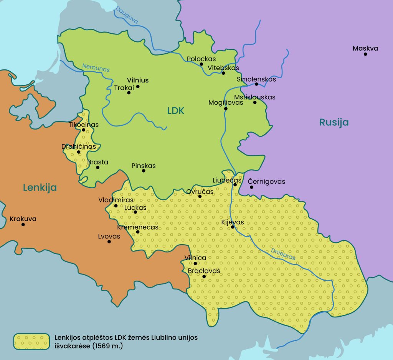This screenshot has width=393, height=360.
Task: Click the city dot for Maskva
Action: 365,54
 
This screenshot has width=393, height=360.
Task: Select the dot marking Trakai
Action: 129,92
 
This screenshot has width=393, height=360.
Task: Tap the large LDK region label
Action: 176,111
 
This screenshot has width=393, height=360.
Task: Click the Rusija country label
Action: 334,122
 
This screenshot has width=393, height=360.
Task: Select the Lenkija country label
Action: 40,187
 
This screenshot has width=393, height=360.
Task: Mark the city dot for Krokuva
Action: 23,224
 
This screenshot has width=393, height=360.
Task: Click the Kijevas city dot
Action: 233,227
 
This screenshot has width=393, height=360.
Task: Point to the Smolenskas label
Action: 256,79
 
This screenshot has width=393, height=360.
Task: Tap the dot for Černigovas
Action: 251,187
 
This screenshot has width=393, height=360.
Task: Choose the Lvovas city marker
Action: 109,242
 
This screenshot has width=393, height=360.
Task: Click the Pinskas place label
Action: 144,166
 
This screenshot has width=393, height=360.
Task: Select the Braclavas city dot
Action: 204,276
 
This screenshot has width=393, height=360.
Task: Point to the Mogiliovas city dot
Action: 226,108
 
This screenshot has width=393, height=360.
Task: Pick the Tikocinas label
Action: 84,125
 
